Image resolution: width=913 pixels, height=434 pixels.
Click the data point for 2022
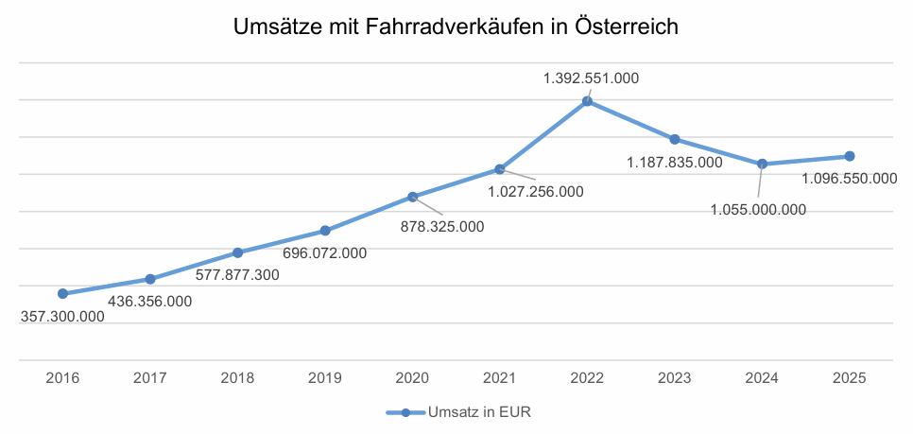pyautogui.click(x=587, y=101)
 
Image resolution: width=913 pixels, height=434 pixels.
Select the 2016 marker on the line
pyautogui.click(x=62, y=294)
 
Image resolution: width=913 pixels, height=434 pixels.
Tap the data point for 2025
pyautogui.click(x=850, y=156)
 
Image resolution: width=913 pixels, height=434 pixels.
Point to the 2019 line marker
pyautogui.click(x=325, y=231)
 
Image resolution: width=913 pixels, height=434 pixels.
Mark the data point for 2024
pyautogui.click(x=762, y=164)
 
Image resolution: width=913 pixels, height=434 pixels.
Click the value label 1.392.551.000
pyautogui.click(x=591, y=78)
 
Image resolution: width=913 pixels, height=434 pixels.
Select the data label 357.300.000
pyautogui.click(x=62, y=317)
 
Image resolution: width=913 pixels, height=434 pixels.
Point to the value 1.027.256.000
pyautogui.click(x=536, y=191)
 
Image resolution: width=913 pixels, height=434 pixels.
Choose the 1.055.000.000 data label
pyautogui.click(x=758, y=209)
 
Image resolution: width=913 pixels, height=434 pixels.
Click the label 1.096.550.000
pyautogui.click(x=849, y=178)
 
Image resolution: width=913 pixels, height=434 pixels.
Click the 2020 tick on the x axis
pyautogui.click(x=412, y=378)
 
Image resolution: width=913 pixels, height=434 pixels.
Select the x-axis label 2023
pyautogui.click(x=675, y=378)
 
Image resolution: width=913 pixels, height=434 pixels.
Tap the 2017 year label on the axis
pyautogui.click(x=150, y=378)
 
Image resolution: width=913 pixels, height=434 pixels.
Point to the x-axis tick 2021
pyautogui.click(x=500, y=378)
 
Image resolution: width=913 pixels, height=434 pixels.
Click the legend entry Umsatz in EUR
pyautogui.click(x=463, y=413)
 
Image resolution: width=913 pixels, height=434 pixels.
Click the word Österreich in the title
pyautogui.click(x=627, y=28)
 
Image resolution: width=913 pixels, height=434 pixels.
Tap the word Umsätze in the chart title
pyautogui.click(x=275, y=28)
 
